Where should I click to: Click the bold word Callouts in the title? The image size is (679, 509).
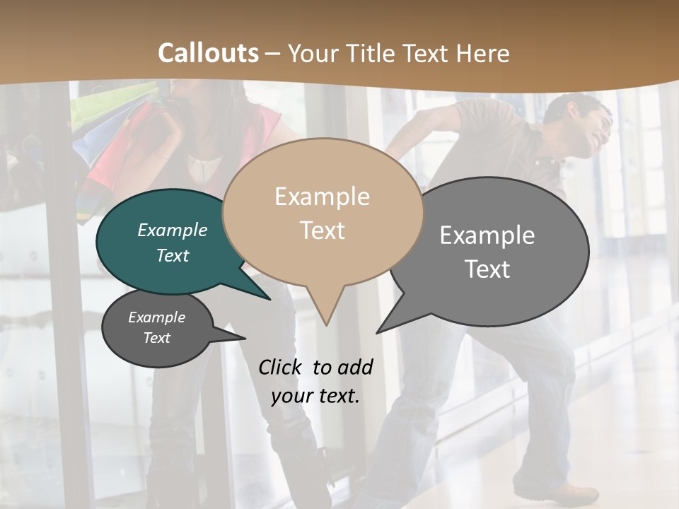[208, 53]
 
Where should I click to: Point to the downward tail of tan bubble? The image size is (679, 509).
[326, 311]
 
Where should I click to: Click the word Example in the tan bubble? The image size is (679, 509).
[322, 197]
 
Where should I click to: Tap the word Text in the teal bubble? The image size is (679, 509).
[173, 255]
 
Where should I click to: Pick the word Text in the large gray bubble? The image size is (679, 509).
[487, 269]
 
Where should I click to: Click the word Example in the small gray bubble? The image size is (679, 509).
[156, 317]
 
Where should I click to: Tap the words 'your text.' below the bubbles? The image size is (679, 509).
[315, 397]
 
